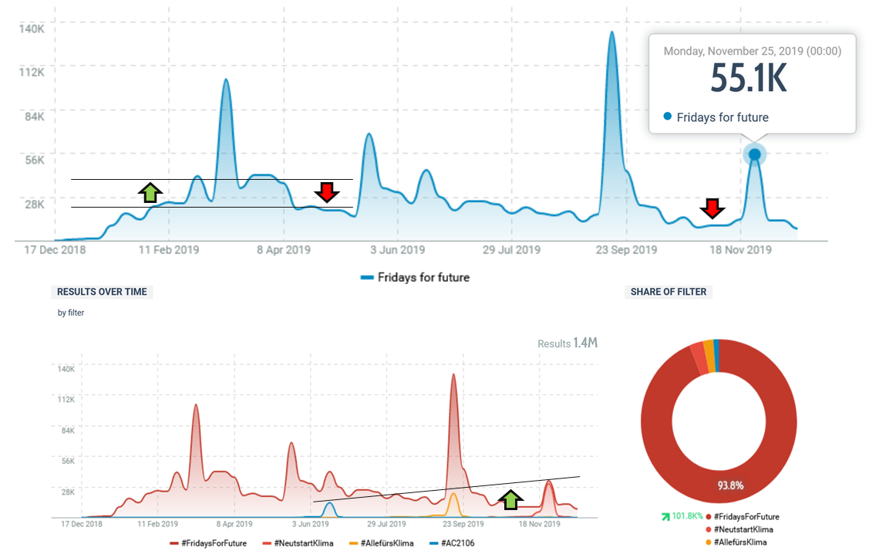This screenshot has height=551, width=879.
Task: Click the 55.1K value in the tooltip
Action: pyautogui.click(x=749, y=79)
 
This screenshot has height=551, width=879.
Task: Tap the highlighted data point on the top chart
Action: pyautogui.click(x=755, y=155)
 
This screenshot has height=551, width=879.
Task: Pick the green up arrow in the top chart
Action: pyautogui.click(x=151, y=192)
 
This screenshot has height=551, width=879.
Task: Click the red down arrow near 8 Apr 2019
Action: pyautogui.click(x=327, y=192)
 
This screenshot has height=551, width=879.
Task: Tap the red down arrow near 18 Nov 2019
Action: pyautogui.click(x=712, y=208)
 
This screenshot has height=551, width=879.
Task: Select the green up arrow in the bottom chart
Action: pyautogui.click(x=509, y=499)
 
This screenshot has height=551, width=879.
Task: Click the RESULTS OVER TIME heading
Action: pyautogui.click(x=102, y=292)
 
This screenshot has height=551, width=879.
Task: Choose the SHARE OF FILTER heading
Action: pyautogui.click(x=668, y=292)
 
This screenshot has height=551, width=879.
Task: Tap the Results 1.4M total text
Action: pyautogui.click(x=567, y=343)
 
